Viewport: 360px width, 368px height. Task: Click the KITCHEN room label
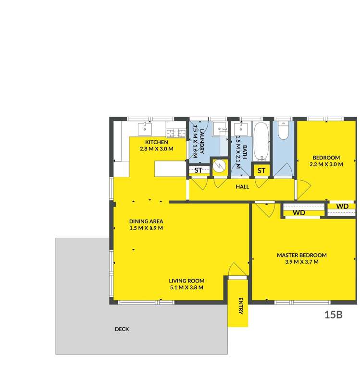(x=157, y=142)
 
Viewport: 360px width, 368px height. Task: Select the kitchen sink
(x=144, y=128)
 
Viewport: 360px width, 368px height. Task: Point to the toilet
(x=283, y=130)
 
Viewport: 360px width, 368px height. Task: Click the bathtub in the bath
(x=261, y=141)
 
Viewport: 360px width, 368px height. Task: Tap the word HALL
(x=242, y=186)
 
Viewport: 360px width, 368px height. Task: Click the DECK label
(x=122, y=329)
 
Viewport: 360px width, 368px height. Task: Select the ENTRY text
(x=240, y=306)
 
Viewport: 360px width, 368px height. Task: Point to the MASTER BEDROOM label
(x=301, y=255)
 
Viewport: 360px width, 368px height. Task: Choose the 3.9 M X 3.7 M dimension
(x=301, y=262)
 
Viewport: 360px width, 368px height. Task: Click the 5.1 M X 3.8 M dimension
(x=186, y=288)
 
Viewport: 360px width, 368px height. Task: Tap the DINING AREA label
(x=146, y=221)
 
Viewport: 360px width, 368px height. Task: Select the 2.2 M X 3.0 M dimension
(x=326, y=164)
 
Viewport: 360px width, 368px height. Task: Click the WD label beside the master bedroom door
(x=299, y=212)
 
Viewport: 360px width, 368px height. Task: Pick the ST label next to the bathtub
(x=261, y=171)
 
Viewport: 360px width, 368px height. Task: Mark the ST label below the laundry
(x=199, y=170)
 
